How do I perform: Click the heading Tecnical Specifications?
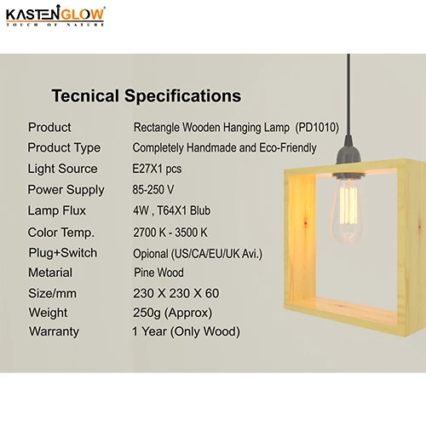(147, 96)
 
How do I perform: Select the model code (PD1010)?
(317, 127)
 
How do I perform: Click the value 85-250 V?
(153, 189)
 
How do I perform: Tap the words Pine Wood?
(158, 273)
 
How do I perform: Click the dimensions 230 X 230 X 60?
(176, 294)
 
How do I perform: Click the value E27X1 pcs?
(157, 169)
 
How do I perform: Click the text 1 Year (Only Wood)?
(186, 331)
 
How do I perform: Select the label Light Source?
(62, 169)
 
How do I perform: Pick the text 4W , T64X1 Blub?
(171, 210)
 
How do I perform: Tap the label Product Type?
(64, 147)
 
